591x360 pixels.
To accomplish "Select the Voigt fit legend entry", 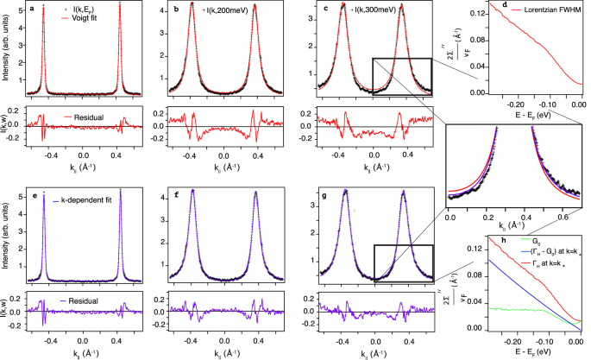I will click(71, 21).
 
